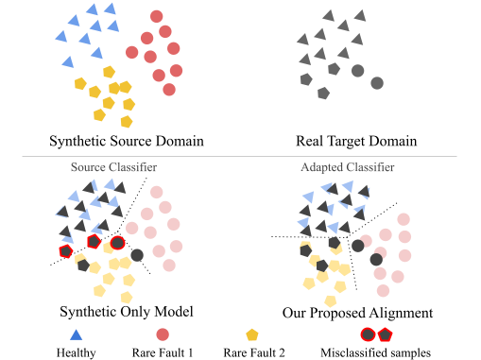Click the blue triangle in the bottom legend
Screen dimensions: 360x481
(x=77, y=334)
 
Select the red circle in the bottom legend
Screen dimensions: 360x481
(x=163, y=334)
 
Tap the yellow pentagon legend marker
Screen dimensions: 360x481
(x=252, y=334)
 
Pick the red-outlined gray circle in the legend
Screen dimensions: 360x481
(x=368, y=334)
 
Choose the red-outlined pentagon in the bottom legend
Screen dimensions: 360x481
(x=385, y=334)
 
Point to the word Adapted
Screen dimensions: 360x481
(x=321, y=167)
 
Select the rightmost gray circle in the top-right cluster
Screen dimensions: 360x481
(x=377, y=83)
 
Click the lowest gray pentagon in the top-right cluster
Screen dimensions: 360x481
(x=323, y=94)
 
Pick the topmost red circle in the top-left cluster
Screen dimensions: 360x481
(x=157, y=16)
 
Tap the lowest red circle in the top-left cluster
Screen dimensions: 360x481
(x=169, y=90)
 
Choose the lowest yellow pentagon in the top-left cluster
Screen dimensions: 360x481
(x=127, y=121)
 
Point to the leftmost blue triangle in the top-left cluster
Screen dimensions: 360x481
(x=60, y=36)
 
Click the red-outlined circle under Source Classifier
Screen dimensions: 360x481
(x=118, y=243)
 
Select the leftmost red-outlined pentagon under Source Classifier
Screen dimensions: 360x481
(x=65, y=251)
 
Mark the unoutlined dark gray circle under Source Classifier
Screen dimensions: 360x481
(x=137, y=254)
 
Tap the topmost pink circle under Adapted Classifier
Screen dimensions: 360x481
(x=404, y=219)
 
